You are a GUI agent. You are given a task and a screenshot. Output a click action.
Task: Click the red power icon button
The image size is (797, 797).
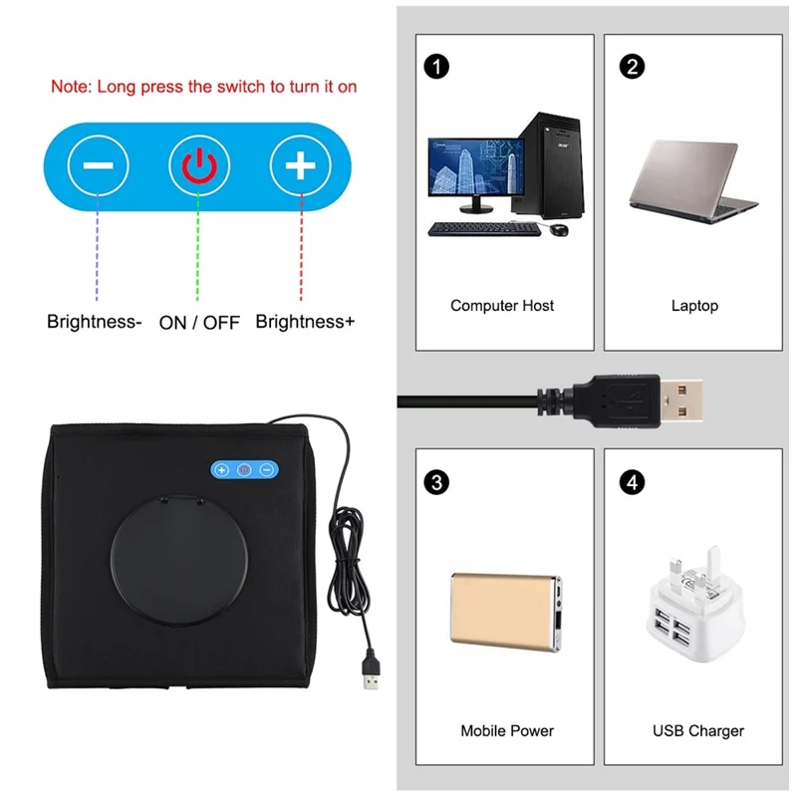[x=198, y=165]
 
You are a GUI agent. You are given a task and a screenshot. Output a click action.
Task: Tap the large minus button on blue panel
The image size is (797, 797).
[x=98, y=165]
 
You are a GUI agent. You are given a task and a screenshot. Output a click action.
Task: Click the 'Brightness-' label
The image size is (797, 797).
[x=94, y=322]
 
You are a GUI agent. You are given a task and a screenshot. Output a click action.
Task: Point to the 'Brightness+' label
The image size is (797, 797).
[x=305, y=322]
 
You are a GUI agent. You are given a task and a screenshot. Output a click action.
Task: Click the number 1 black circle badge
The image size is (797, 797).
[x=436, y=67]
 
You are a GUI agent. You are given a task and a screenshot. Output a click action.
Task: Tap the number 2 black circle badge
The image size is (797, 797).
[x=630, y=67]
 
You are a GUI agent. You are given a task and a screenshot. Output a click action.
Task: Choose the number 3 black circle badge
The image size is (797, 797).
[x=436, y=482]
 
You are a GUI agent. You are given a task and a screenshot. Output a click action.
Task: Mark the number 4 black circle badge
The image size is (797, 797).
[x=630, y=482]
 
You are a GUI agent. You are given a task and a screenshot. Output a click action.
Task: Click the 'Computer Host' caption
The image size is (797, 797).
[x=502, y=306]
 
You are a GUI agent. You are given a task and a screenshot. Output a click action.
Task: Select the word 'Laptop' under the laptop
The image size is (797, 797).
[x=694, y=306]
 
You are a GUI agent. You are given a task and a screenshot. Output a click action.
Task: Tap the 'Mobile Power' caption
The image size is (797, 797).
[x=507, y=730]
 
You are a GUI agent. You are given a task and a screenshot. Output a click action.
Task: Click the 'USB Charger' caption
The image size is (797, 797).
[x=698, y=730]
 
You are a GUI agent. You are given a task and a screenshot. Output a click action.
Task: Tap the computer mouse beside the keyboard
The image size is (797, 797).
[x=559, y=230]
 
